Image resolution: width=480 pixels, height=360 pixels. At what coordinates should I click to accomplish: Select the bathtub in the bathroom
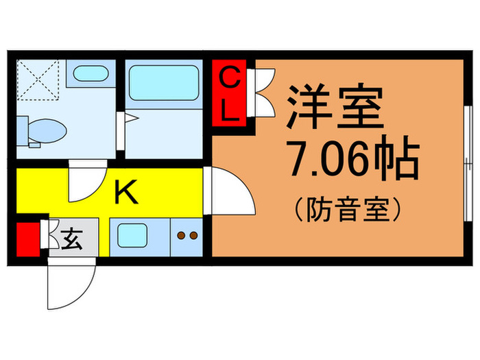[163, 85]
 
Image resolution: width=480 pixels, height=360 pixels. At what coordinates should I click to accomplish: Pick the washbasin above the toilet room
[89, 74]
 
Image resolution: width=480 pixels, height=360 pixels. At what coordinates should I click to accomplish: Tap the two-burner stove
[187, 237]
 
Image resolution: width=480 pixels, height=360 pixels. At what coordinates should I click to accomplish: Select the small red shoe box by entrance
[27, 239]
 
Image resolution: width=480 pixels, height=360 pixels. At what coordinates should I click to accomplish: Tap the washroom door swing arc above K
[85, 181]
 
